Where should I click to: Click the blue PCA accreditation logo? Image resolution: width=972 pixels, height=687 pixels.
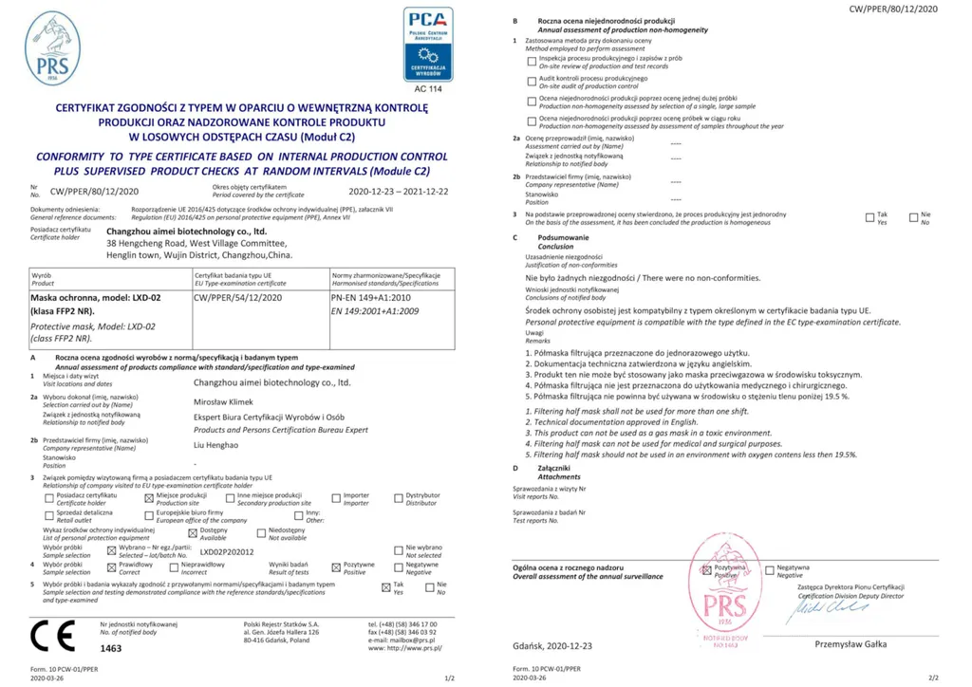coord(428,44)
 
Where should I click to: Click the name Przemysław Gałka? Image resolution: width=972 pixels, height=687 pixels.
coord(849,644)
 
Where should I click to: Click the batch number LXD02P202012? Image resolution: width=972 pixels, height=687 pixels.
coord(226,551)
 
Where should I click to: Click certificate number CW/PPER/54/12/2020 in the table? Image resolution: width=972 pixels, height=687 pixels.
coord(237,297)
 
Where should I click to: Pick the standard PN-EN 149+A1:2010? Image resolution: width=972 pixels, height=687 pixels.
coord(370,297)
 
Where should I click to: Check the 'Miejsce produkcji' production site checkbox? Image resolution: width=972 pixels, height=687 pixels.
coord(148,497)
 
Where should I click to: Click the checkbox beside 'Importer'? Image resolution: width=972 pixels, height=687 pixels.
coord(336,497)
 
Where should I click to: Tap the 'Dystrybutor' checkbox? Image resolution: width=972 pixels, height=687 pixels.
coord(399,497)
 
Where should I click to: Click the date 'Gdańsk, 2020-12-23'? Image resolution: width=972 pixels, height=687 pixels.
coord(551,645)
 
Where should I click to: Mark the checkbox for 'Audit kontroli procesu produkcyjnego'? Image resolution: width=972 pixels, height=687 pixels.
coord(532,80)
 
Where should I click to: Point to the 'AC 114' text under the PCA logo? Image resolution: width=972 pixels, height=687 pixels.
coord(428,88)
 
